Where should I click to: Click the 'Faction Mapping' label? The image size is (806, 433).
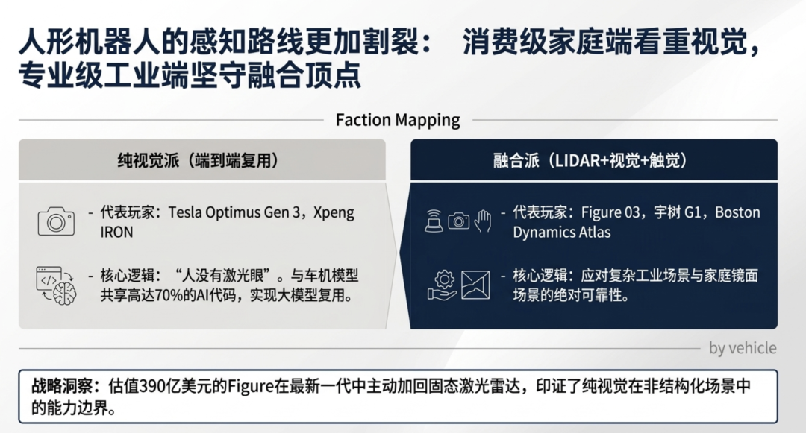coord(398,120)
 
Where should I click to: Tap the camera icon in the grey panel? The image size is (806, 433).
coord(56,221)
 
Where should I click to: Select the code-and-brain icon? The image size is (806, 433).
coord(56,285)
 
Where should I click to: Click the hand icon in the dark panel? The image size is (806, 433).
coord(483,221)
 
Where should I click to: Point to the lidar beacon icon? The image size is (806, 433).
coord(434,221)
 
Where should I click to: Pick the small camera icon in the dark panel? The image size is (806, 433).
coord(458,221)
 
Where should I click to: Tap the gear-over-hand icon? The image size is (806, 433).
coord(442,285)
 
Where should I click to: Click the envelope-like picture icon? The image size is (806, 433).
coord(475,285)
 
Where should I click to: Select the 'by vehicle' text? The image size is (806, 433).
coord(743,348)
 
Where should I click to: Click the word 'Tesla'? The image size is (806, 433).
coord(185,212)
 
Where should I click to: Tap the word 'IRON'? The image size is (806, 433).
coord(116,233)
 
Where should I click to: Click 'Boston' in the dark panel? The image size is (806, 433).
coord(737,212)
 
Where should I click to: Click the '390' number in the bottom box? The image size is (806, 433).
coord(151,386)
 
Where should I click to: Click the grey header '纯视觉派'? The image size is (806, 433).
coord(148,160)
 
